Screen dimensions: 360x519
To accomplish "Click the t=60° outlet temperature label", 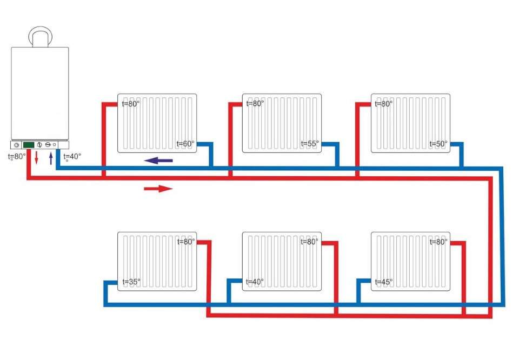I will pos(185,144).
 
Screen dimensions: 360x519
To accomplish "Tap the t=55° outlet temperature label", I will pos(310,144).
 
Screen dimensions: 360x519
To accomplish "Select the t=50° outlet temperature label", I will pos(438,144).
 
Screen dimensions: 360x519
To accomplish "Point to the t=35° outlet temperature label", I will pos(131,282).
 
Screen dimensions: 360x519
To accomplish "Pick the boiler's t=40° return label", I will pos(71,157).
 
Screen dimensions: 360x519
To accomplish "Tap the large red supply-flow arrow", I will pos(158,189).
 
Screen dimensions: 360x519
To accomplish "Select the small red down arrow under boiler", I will pos(37,158).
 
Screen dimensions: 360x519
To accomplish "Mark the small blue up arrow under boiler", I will pos(51,158).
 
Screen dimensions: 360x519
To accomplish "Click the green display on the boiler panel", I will pos(29,145).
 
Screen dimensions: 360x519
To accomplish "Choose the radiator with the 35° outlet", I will pos(157,261).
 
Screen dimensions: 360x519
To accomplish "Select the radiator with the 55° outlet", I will pos(281,123).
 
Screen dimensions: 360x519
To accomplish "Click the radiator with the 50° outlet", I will pos(410,123).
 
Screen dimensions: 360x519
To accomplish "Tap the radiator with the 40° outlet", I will pos(281,261).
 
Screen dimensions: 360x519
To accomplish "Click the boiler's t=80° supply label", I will pos(16,157).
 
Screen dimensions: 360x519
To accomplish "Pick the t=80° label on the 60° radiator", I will pos(130,103).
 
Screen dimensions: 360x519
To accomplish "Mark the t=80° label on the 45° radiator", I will pos(438,242).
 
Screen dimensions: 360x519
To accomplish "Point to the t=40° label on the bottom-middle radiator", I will pos(255,282).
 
